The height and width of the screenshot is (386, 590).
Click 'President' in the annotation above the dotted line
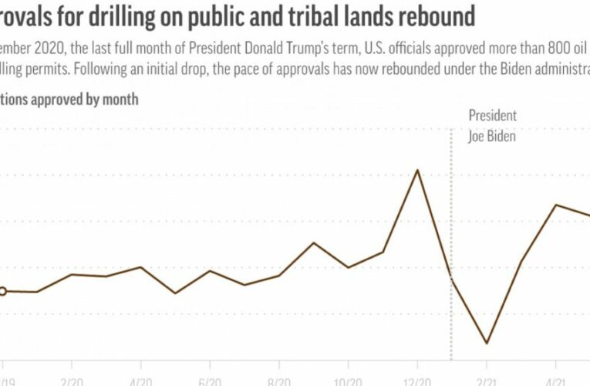tap(492, 117)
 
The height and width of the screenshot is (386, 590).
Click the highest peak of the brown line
tap(417, 170)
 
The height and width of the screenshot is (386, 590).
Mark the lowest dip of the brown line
tap(487, 343)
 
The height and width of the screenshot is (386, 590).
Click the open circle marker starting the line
tap(2, 291)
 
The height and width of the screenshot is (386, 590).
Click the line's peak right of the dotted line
tap(556, 205)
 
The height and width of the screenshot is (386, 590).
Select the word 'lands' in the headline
tap(359, 15)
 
